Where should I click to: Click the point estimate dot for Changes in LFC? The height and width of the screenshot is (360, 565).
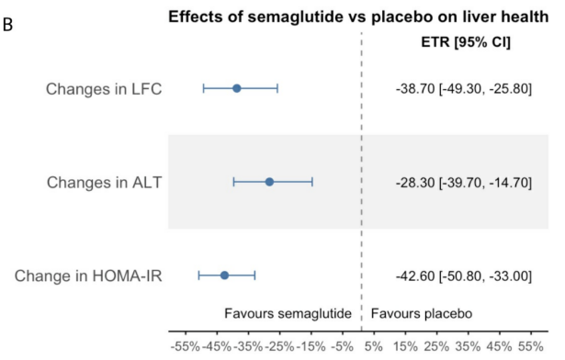click(237, 88)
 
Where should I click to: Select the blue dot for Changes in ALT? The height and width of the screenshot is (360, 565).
click(269, 182)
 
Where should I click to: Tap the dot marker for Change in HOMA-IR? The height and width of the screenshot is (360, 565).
click(224, 276)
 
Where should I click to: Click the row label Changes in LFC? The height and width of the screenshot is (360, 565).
click(104, 89)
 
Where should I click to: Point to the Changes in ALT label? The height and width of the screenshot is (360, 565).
click(104, 183)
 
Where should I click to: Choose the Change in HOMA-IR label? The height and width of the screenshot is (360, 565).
click(88, 276)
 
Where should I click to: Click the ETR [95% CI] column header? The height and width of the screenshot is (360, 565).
click(466, 42)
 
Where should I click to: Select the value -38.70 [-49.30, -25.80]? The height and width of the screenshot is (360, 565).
click(464, 89)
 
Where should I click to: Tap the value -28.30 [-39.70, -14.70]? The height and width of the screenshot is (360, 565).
click(464, 183)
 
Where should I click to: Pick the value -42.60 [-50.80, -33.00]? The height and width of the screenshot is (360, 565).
click(464, 276)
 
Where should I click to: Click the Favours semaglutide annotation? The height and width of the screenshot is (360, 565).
click(288, 313)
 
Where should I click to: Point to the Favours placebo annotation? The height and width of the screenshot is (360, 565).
click(422, 313)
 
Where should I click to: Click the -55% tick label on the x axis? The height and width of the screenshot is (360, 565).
click(186, 346)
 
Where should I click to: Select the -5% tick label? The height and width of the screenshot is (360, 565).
click(342, 346)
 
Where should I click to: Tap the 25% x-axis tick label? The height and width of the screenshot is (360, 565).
click(436, 346)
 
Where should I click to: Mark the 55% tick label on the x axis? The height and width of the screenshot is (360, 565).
click(530, 346)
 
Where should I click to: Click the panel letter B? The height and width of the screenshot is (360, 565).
click(7, 25)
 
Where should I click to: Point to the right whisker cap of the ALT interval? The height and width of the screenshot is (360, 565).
click(312, 182)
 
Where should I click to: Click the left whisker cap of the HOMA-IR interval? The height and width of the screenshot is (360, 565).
click(198, 276)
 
